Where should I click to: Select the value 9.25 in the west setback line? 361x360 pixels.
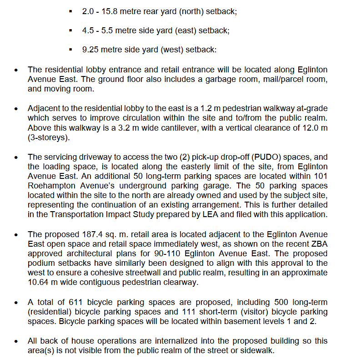click(91, 50)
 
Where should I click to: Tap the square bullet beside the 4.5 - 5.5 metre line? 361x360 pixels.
click(70, 30)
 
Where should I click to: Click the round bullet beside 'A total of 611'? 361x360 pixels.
click(16, 303)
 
